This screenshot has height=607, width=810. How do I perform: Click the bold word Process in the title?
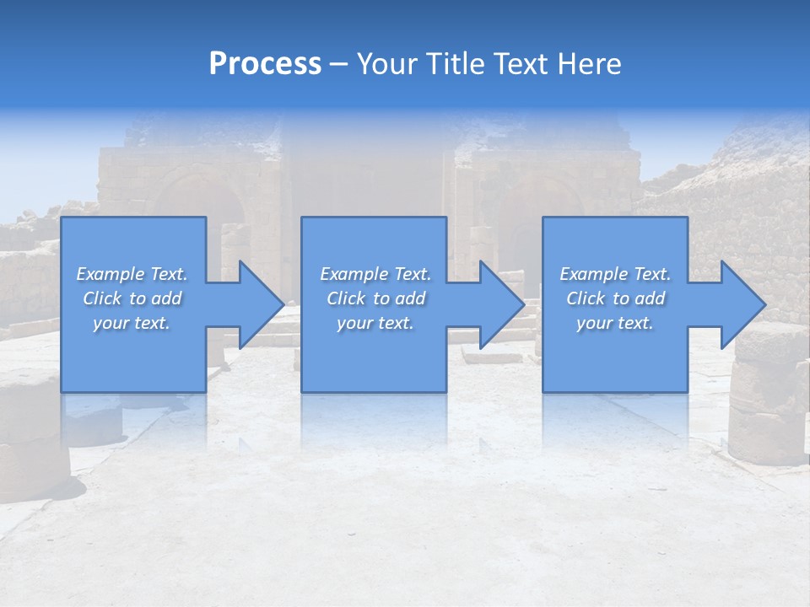point(265,64)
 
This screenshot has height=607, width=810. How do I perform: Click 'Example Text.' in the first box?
point(132,274)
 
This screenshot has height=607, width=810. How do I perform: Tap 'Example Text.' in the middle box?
point(375,274)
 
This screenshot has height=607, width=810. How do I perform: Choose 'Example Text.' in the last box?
point(615,274)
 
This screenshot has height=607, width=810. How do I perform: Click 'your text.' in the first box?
point(132,323)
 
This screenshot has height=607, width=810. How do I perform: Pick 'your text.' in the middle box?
point(375,323)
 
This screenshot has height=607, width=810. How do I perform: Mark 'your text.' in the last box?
point(615,323)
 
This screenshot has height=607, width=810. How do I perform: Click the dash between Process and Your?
point(339,64)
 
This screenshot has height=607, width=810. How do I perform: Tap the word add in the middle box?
point(409,298)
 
